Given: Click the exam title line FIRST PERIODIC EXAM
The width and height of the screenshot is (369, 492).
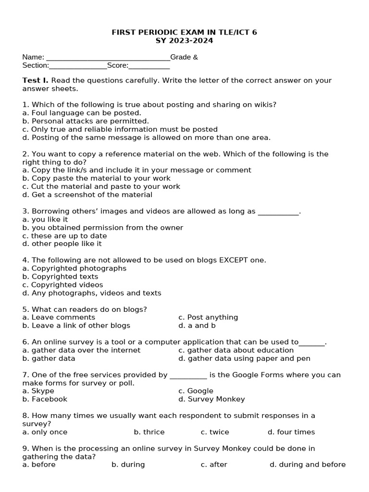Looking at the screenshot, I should point(184,32).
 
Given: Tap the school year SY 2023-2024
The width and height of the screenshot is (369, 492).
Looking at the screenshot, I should point(184,40).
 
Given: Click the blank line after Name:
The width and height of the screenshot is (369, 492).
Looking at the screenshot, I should point(107,58).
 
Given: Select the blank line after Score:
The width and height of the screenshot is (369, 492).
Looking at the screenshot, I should point(149,66).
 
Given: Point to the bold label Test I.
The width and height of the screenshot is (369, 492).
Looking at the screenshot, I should point(35,80).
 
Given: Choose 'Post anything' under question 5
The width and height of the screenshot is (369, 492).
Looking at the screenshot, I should point(208,317).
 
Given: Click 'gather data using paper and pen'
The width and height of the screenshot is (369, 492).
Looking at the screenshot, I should point(244,358).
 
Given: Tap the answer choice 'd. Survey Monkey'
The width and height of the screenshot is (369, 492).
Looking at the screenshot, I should point(211,399).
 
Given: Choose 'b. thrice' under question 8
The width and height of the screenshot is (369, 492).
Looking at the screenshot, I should point(149,432).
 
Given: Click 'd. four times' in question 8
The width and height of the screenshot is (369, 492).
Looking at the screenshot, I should point(291,432).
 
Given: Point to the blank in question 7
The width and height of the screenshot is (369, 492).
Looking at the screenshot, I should point(188,375).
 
